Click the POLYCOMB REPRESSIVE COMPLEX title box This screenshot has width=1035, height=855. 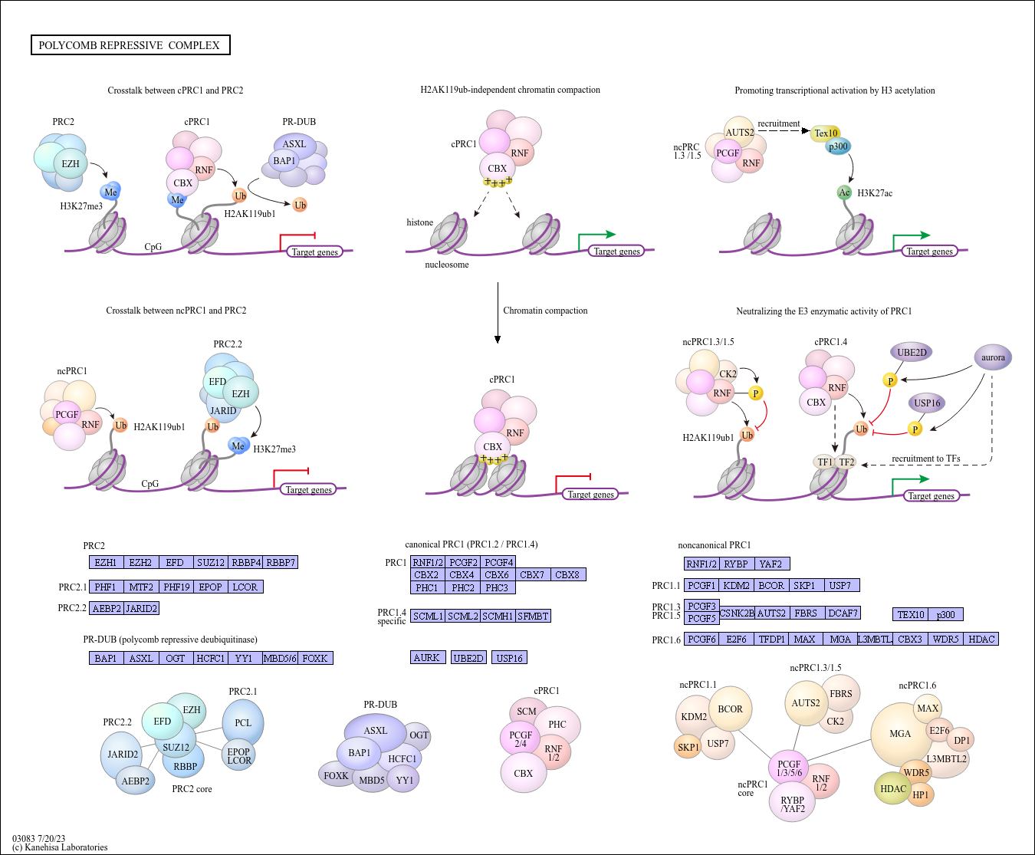point(130,45)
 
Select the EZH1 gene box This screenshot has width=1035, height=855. point(106,562)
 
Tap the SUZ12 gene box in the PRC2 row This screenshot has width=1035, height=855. point(211,562)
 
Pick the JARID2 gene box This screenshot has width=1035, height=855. point(142,608)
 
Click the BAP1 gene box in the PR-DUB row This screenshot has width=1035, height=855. point(106,658)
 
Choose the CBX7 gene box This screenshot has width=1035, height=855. point(532,574)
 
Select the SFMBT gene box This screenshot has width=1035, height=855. point(533,616)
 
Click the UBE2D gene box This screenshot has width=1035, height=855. point(468,658)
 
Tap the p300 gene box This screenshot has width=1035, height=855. point(946,614)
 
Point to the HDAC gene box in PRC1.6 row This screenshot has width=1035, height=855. point(981,639)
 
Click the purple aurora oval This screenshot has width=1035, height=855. point(993,357)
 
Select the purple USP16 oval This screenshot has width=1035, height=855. point(927,403)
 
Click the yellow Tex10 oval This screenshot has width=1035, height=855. point(826,133)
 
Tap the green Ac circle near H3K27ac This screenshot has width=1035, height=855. point(844,192)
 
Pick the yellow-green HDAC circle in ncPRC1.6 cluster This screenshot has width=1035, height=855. point(892,788)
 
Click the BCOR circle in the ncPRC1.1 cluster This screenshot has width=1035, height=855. point(730,709)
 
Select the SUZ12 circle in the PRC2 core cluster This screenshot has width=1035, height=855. point(176,747)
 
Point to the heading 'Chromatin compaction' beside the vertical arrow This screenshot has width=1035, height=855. point(545,311)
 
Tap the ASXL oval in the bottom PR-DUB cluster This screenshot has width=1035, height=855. point(375,731)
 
